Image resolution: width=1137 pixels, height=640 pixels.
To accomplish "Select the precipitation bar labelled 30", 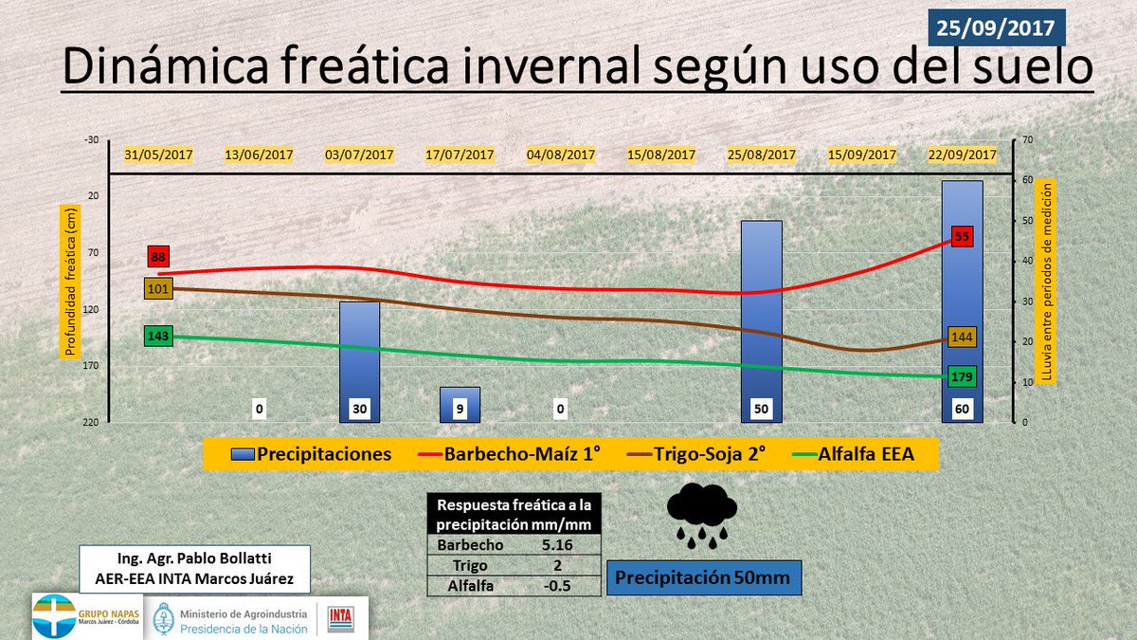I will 359,360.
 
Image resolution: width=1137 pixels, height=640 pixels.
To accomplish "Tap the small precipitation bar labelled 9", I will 460,404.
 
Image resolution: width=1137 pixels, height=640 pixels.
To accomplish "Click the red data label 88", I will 158,256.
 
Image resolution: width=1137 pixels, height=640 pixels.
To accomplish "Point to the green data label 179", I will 963,376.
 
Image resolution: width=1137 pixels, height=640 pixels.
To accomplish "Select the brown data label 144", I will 963,338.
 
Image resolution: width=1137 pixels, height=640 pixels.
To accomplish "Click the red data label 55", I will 963,237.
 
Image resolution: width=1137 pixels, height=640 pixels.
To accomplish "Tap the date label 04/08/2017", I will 561,155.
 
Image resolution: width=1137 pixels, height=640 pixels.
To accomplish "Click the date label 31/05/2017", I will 158,155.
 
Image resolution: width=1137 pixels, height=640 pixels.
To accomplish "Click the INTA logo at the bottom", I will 340,617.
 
